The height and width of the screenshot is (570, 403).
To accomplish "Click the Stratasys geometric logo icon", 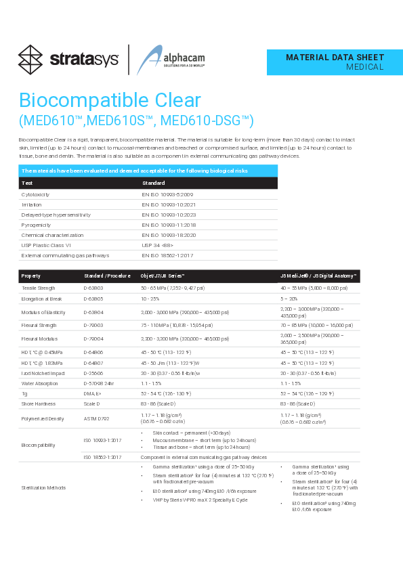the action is coord(30,59).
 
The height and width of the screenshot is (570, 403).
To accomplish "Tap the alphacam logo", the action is coord(161,60).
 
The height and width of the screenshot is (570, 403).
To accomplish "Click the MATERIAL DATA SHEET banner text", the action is coord(335,58).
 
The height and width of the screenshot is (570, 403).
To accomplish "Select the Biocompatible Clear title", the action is coord(110,101).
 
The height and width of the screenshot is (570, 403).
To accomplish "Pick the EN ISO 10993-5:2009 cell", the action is coord(167,194).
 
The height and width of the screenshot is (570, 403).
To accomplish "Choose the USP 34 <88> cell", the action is coord(158,245).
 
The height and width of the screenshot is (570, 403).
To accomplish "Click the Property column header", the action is coord(31,276).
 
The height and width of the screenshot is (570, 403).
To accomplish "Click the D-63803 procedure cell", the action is coord(93,288).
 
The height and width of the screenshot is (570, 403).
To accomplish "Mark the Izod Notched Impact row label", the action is coord(43,373).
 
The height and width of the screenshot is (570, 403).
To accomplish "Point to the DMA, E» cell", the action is coord(92,393).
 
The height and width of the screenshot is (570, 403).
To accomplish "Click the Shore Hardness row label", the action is coord(39,404).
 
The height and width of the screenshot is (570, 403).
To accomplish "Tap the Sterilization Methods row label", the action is coord(45,487).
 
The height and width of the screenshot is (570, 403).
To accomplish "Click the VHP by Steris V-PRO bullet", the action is coord(200,500).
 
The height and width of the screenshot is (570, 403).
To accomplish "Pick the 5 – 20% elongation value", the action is coord(289,298).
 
